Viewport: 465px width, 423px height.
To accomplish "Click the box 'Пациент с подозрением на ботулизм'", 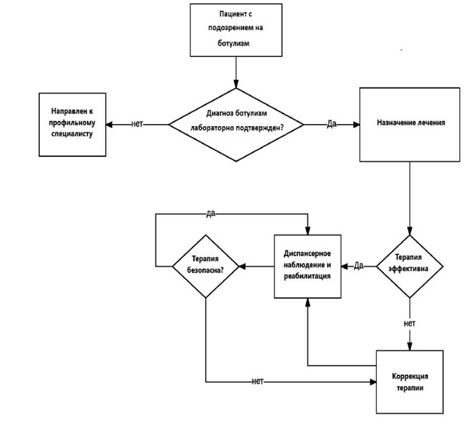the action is click(x=236, y=30).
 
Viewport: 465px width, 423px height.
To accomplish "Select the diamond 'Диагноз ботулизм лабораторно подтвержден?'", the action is click(x=236, y=125).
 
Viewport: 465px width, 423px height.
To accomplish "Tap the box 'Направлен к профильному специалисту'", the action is click(x=72, y=125).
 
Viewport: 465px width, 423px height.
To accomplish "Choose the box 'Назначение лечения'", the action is click(x=410, y=125).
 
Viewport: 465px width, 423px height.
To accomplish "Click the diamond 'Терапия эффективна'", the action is click(x=410, y=266).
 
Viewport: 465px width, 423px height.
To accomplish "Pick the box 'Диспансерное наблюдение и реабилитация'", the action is click(x=307, y=266).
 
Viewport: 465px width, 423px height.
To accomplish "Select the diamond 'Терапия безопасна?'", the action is click(x=205, y=266).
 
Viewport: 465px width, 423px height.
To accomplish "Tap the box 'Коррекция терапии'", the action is click(x=410, y=382).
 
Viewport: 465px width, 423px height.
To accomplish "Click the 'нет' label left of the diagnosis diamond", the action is click(x=137, y=124).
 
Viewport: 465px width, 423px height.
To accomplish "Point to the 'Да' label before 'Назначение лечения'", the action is click(x=331, y=123).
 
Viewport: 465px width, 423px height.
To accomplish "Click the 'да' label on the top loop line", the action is click(x=211, y=214).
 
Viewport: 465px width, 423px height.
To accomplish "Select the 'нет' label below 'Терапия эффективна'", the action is click(x=410, y=323).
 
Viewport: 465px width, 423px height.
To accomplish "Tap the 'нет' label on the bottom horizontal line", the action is click(x=258, y=381).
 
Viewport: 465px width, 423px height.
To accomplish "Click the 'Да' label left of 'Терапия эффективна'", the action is click(x=359, y=265).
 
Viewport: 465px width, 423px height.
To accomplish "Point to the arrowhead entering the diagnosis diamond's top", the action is click(x=236, y=84).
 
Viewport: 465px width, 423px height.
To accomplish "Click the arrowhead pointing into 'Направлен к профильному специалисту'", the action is click(x=109, y=125).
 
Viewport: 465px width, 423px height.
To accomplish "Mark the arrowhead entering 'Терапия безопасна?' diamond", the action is click(x=242, y=266).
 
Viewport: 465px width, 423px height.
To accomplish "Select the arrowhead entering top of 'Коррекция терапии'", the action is click(x=410, y=347).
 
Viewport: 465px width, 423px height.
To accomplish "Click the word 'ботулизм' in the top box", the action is click(x=233, y=43).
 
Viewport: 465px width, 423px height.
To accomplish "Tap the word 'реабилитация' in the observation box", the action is click(x=307, y=277).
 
